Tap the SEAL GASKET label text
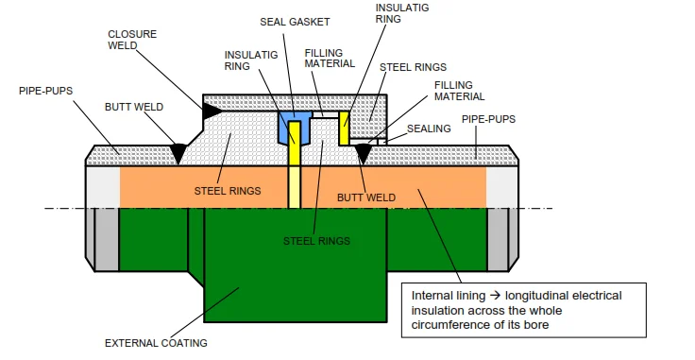coord(288,21)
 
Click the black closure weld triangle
coord(212,111)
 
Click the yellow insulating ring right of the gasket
coord(345,128)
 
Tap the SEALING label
coord(429,129)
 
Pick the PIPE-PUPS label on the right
coord(488,119)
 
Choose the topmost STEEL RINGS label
coord(413,67)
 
